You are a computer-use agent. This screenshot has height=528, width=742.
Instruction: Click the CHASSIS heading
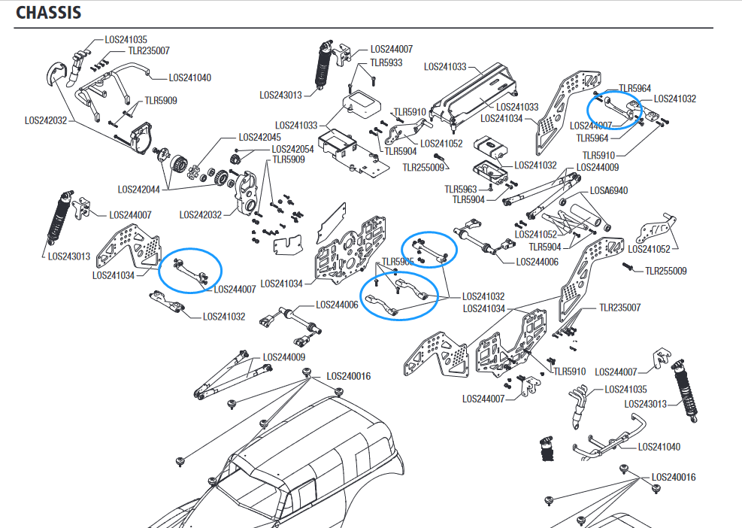point(49,13)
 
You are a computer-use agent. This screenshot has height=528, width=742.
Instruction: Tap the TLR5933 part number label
point(386,64)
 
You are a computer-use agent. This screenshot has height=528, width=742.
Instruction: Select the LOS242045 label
point(259,138)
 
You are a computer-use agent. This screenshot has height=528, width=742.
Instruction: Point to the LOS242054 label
point(293,149)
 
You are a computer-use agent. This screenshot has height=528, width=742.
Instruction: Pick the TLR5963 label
point(461,190)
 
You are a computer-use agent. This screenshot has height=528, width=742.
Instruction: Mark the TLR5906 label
point(398,262)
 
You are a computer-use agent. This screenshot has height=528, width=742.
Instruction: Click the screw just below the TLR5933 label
point(372,78)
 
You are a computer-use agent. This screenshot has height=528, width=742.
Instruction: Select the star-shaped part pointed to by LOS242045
point(195,171)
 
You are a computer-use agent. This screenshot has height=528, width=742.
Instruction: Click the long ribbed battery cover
point(481,92)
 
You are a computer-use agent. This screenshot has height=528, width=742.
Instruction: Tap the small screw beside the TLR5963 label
point(489,186)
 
